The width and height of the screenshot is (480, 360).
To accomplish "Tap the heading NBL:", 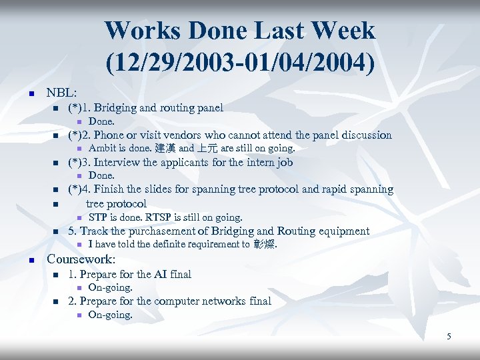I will tap(61, 92).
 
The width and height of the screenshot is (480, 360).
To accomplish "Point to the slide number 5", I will tap(449, 336).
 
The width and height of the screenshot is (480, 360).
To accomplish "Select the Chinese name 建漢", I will tap(165, 149).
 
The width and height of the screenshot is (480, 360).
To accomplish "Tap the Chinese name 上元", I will tap(207, 149).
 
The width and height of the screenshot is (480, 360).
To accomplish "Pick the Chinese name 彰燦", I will tap(264, 245).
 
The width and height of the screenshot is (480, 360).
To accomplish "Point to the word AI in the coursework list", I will tap(162, 274).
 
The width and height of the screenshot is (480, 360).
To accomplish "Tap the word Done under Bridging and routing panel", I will tap(101, 121).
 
